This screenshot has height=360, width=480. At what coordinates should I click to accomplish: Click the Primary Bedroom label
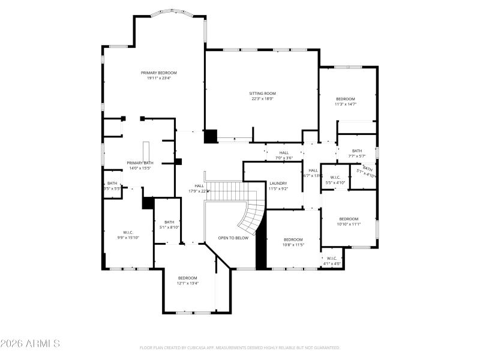click(158, 73)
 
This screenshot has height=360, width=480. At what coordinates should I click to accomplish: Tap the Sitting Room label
click(262, 94)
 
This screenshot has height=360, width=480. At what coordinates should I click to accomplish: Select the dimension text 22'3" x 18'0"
click(262, 99)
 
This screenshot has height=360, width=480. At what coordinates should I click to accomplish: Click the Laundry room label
click(278, 184)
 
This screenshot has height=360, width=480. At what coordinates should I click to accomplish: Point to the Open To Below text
click(233, 238)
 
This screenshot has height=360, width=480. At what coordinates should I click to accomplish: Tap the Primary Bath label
click(140, 163)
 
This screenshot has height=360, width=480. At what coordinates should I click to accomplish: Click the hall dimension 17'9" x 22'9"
click(199, 191)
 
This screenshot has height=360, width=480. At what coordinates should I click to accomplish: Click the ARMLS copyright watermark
click(30, 344)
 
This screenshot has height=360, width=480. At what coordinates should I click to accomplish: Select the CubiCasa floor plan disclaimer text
click(240, 347)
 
